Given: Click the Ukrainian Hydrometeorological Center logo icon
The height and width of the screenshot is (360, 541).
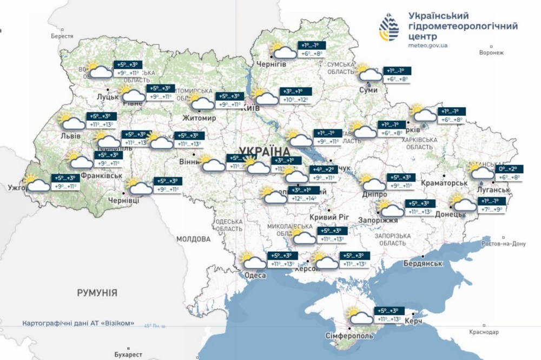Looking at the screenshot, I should tap(391, 28).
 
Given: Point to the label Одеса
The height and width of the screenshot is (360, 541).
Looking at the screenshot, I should tap(255, 276).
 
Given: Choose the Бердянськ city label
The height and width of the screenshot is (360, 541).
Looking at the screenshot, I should tap(424, 264).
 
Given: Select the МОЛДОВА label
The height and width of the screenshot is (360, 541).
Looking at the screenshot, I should tap(193, 239).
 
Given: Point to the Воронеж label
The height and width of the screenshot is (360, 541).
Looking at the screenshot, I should tap(491, 53).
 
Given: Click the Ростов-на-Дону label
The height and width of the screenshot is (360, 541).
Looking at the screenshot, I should tap(503, 244).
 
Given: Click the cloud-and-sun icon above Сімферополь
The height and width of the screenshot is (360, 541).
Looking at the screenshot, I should tap(359, 316).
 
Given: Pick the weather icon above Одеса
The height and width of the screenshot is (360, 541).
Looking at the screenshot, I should tap(253, 261).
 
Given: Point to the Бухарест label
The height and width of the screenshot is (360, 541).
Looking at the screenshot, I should tap(128, 355).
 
